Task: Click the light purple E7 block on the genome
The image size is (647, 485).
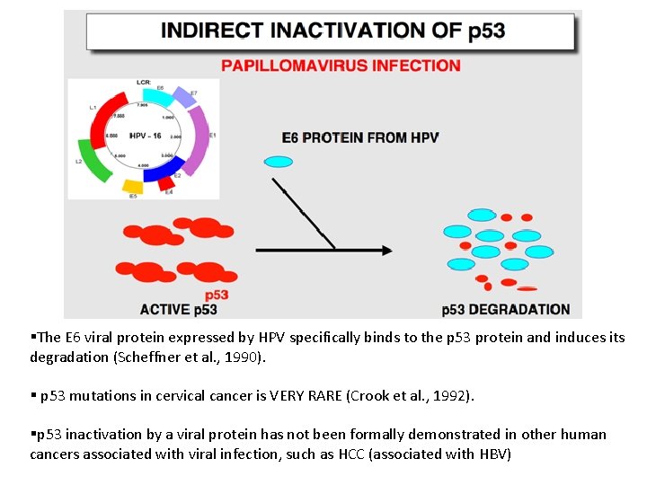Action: point(183,98)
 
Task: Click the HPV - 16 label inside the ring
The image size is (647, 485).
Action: point(144,136)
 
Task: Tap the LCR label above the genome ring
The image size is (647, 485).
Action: point(143,82)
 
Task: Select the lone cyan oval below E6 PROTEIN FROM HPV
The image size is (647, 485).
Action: point(279,162)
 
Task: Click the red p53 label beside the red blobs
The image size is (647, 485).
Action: point(217,295)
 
